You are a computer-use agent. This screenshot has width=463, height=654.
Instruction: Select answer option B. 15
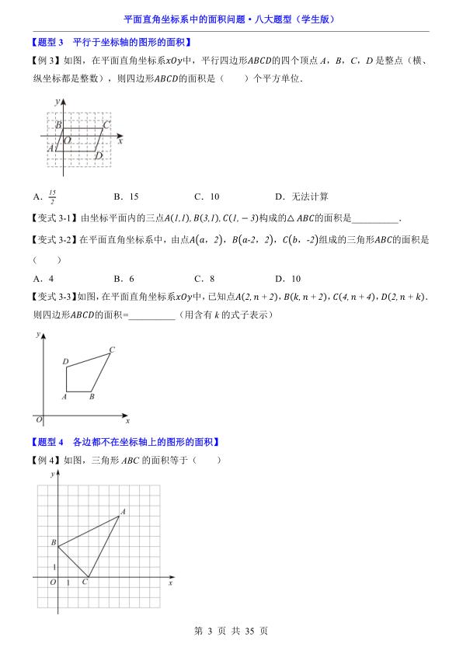126,197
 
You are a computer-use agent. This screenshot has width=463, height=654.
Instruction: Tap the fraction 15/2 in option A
52,197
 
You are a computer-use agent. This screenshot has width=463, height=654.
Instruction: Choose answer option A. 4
44,278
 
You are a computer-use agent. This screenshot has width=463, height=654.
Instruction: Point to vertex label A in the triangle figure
123,511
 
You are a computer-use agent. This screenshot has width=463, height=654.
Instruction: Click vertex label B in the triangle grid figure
53,541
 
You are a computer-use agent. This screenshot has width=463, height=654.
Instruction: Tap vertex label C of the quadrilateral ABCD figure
112,350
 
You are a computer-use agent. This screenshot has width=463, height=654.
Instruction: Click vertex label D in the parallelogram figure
99,156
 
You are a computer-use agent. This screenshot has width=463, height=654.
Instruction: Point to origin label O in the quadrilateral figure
38,419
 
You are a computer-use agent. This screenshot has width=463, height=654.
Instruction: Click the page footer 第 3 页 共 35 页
231,631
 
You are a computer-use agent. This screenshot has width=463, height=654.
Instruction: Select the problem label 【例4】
45,460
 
